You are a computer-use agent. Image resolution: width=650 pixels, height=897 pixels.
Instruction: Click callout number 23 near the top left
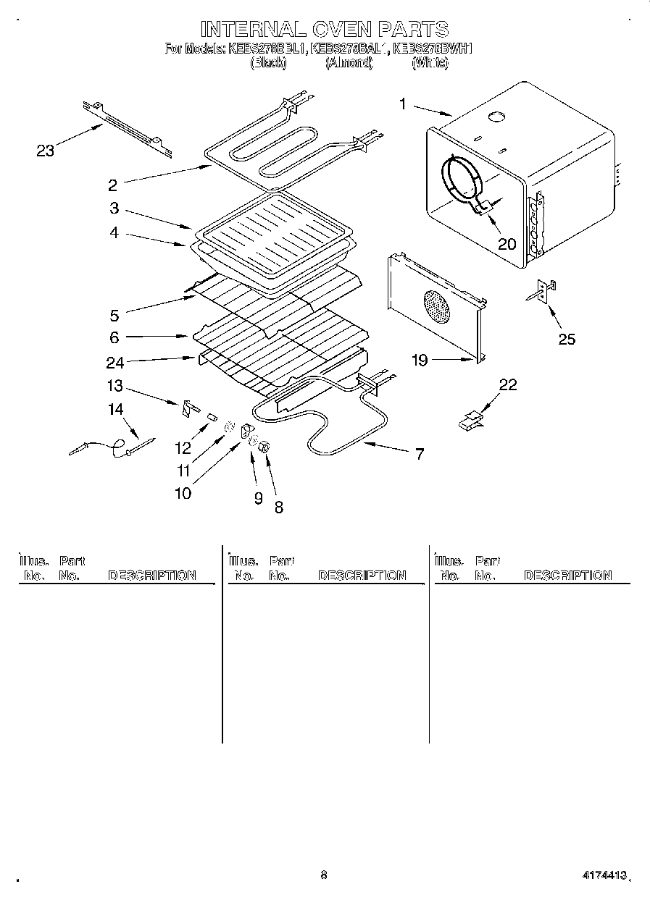(45, 151)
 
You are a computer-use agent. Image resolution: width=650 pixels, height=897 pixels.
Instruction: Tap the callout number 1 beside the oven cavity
(403, 104)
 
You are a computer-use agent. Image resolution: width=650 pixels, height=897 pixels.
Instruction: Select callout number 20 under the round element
(507, 243)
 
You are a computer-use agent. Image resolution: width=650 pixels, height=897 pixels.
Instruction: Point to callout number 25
(567, 339)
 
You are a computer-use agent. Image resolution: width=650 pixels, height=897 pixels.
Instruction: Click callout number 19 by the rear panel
(420, 359)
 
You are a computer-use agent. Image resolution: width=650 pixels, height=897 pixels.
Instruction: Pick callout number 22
(508, 384)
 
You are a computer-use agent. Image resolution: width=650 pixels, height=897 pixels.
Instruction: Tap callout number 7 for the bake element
(419, 454)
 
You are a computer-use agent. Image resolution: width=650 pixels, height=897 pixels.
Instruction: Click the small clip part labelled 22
(470, 420)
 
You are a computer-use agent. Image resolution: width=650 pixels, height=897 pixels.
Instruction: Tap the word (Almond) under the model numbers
(349, 63)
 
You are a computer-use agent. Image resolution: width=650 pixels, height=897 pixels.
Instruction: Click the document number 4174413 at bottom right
(602, 875)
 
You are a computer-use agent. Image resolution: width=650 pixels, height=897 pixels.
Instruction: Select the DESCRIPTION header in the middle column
(362, 576)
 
